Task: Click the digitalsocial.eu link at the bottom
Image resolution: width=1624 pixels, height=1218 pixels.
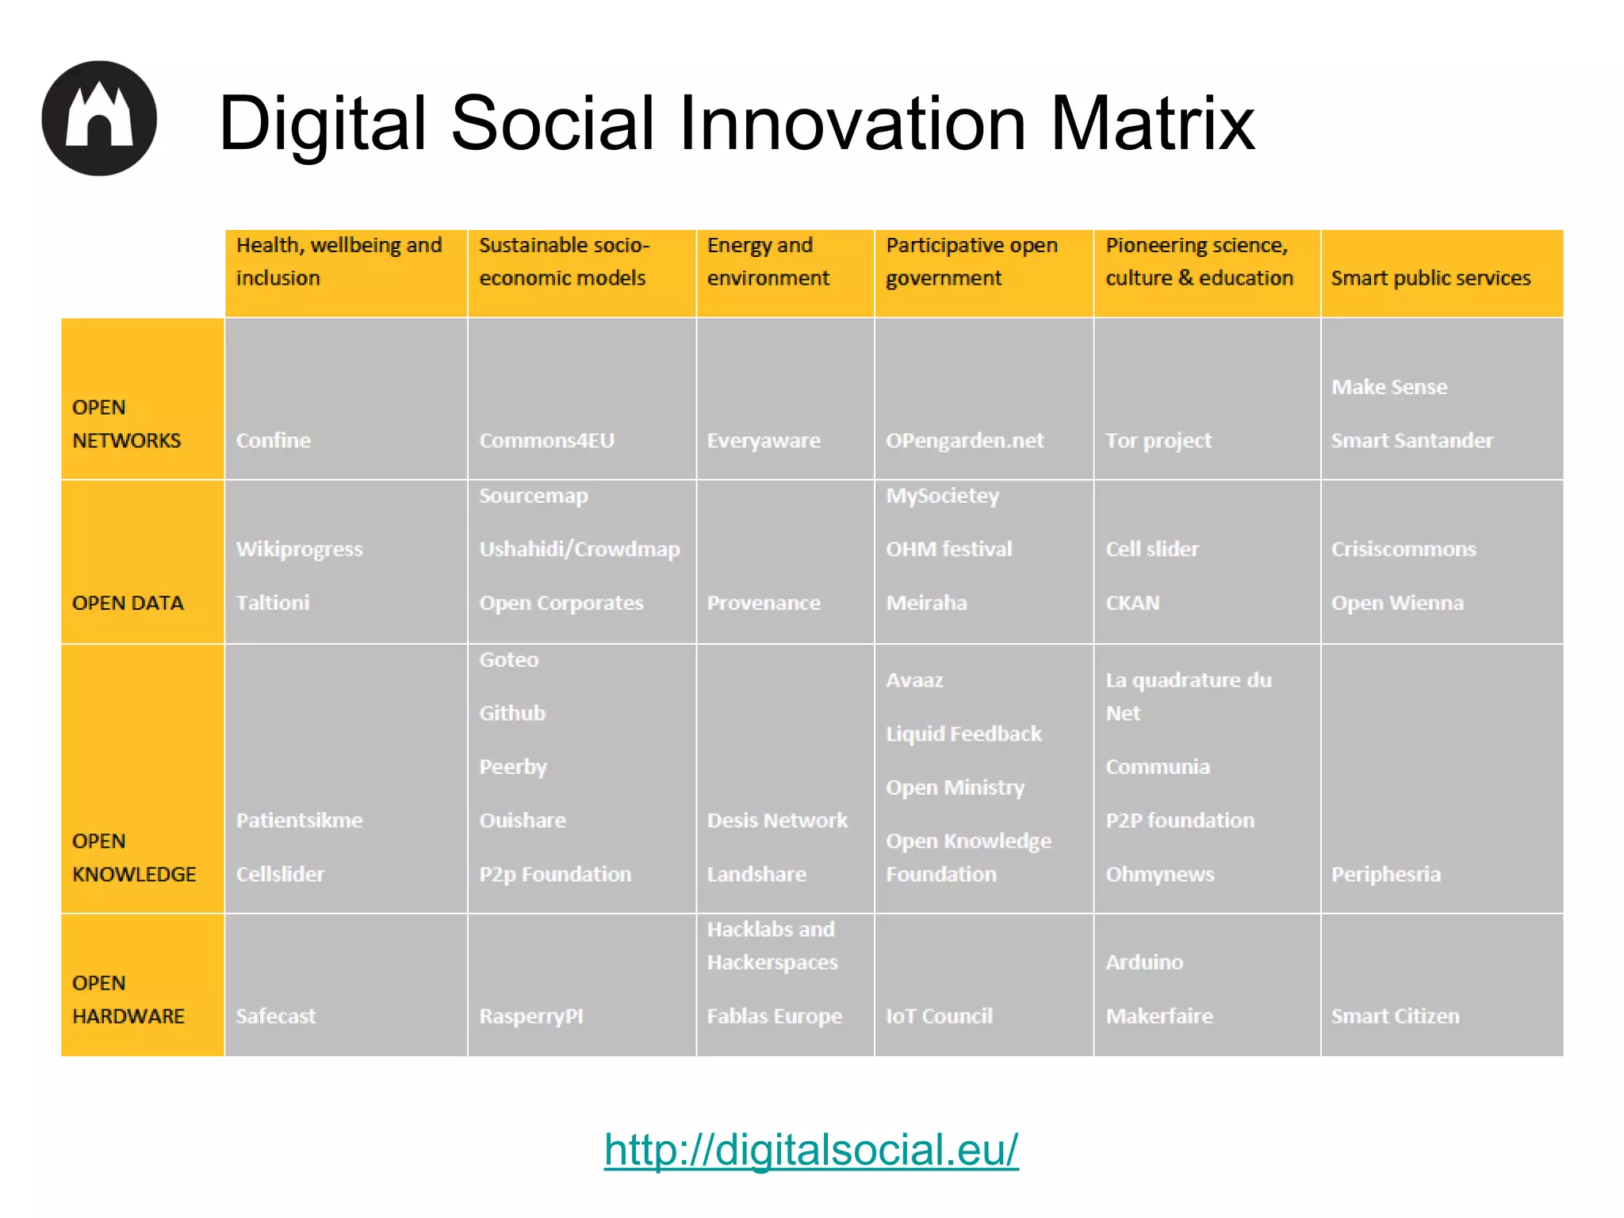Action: [x=810, y=1150]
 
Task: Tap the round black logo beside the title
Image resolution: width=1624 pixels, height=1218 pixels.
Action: [x=99, y=118]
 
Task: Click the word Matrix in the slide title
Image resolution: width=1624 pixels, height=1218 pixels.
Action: [x=1152, y=123]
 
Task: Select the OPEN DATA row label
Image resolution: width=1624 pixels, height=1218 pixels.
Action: [x=128, y=603]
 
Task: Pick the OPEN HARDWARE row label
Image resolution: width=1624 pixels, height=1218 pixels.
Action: [x=128, y=999]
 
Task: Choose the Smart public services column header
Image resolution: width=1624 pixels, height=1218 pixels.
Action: [x=1431, y=278]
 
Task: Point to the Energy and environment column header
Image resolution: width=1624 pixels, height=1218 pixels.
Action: [x=768, y=262]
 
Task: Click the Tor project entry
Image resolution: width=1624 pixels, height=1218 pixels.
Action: [x=1159, y=440]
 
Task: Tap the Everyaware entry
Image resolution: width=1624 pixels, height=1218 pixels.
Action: [x=764, y=440]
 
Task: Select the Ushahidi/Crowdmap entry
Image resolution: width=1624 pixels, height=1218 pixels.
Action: [x=580, y=549]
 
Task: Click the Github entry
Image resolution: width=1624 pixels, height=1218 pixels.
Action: [x=512, y=713]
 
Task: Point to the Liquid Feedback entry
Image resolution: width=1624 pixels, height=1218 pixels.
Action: [x=963, y=733]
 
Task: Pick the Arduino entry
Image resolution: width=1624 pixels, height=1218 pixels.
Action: [x=1144, y=962]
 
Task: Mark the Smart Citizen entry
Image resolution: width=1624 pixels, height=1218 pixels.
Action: [x=1395, y=1016]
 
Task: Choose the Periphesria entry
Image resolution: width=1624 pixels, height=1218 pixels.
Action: [x=1385, y=874]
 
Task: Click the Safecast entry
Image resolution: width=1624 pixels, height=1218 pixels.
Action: [x=276, y=1016]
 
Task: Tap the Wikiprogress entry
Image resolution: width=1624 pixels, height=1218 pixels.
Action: [x=299, y=549]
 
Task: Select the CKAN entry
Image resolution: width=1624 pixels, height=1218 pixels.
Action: [x=1132, y=603]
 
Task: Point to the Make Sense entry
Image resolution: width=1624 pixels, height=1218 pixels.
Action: [x=1389, y=387]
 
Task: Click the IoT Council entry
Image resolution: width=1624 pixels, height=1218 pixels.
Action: [x=939, y=1016]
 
